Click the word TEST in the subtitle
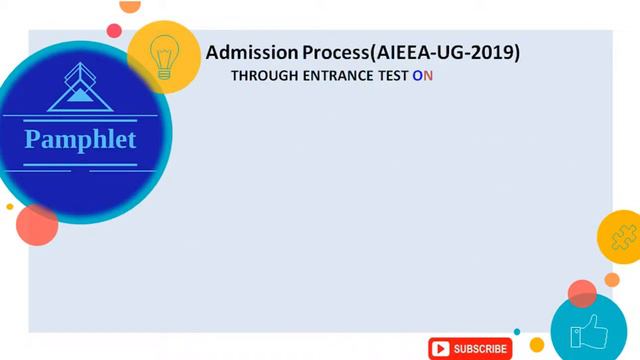pyautogui.click(x=392, y=75)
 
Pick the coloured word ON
pyautogui.click(x=423, y=75)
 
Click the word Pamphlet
pyautogui.click(x=80, y=139)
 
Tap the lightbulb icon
pyautogui.click(x=164, y=56)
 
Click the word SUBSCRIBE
pyautogui.click(x=480, y=349)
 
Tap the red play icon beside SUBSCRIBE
pyautogui.click(x=440, y=349)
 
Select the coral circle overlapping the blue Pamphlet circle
pyautogui.click(x=37, y=225)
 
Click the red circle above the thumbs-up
pyautogui.click(x=582, y=293)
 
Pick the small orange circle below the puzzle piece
pyautogui.click(x=612, y=280)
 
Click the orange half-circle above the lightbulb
pyautogui.click(x=130, y=5)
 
